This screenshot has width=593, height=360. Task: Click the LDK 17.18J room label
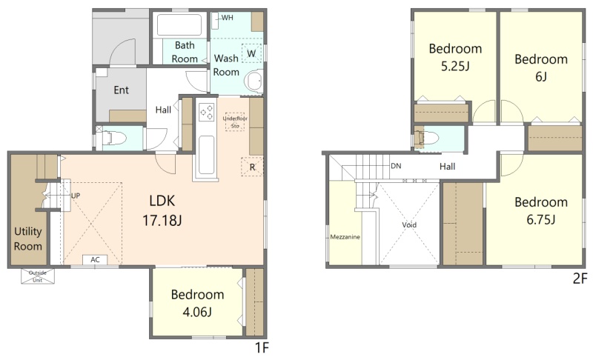(162, 210)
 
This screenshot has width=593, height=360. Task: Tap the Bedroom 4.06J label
(197, 303)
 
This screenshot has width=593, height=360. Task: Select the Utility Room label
(28, 239)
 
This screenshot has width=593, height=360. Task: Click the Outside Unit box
(38, 276)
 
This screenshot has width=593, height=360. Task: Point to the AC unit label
(95, 259)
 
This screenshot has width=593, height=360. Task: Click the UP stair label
(76, 196)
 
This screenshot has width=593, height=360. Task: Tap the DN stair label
(396, 166)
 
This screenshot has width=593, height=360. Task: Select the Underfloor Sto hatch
(235, 121)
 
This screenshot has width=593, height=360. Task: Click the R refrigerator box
(252, 167)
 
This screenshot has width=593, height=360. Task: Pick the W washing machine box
(251, 53)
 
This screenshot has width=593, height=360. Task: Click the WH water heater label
(228, 18)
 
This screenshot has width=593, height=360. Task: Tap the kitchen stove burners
(207, 112)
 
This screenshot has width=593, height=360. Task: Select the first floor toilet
(110, 138)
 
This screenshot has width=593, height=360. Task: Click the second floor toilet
(426, 139)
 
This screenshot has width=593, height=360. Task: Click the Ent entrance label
(121, 90)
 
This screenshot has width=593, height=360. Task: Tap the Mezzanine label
(345, 237)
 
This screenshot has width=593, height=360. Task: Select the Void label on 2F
(409, 224)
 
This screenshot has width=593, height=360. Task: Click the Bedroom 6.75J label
(541, 210)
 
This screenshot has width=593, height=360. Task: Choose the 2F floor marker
(580, 279)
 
